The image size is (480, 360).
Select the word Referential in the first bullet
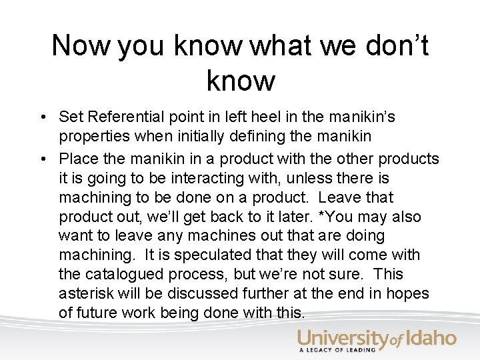coord(119,117)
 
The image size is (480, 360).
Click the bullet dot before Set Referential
coord(41,118)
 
